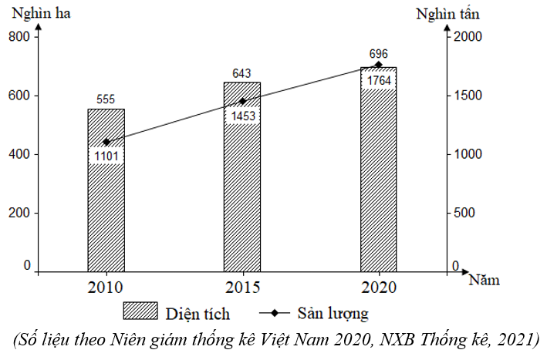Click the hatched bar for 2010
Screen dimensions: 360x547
tap(106, 216)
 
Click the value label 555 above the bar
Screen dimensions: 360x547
tap(106, 99)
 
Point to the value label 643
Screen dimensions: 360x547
tap(242, 73)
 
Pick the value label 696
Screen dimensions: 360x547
tap(378, 54)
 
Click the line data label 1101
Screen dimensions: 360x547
tap(106, 156)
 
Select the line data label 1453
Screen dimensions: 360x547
tap(242, 116)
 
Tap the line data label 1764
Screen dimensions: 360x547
tap(378, 80)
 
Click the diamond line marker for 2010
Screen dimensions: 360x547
tap(106, 142)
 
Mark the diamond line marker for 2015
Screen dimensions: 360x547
tap(242, 101)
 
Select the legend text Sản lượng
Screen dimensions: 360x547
tap(333, 313)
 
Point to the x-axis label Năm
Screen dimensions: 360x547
tap(484, 279)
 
